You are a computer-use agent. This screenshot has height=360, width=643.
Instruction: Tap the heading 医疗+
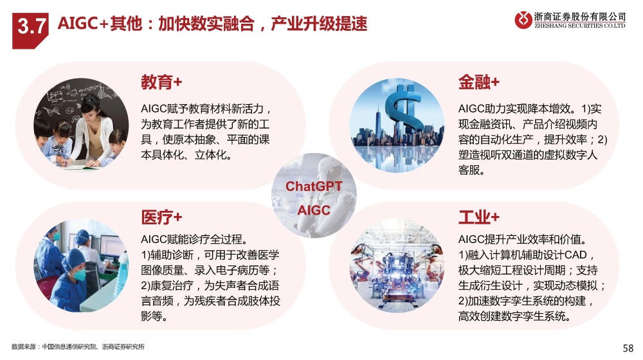[x=161, y=215]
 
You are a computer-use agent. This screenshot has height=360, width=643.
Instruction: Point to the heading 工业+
[x=479, y=215]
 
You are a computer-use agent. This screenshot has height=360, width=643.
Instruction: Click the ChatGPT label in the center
[x=314, y=186]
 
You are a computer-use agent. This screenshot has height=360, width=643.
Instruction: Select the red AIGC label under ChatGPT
[x=314, y=210]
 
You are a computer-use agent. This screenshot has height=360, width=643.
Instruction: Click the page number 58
[x=628, y=348]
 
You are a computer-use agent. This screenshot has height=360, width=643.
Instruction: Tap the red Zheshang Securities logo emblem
[x=524, y=20]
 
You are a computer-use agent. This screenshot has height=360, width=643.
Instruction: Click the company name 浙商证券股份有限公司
[x=580, y=15]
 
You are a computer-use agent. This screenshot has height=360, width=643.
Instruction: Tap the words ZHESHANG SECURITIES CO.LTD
[x=580, y=26]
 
